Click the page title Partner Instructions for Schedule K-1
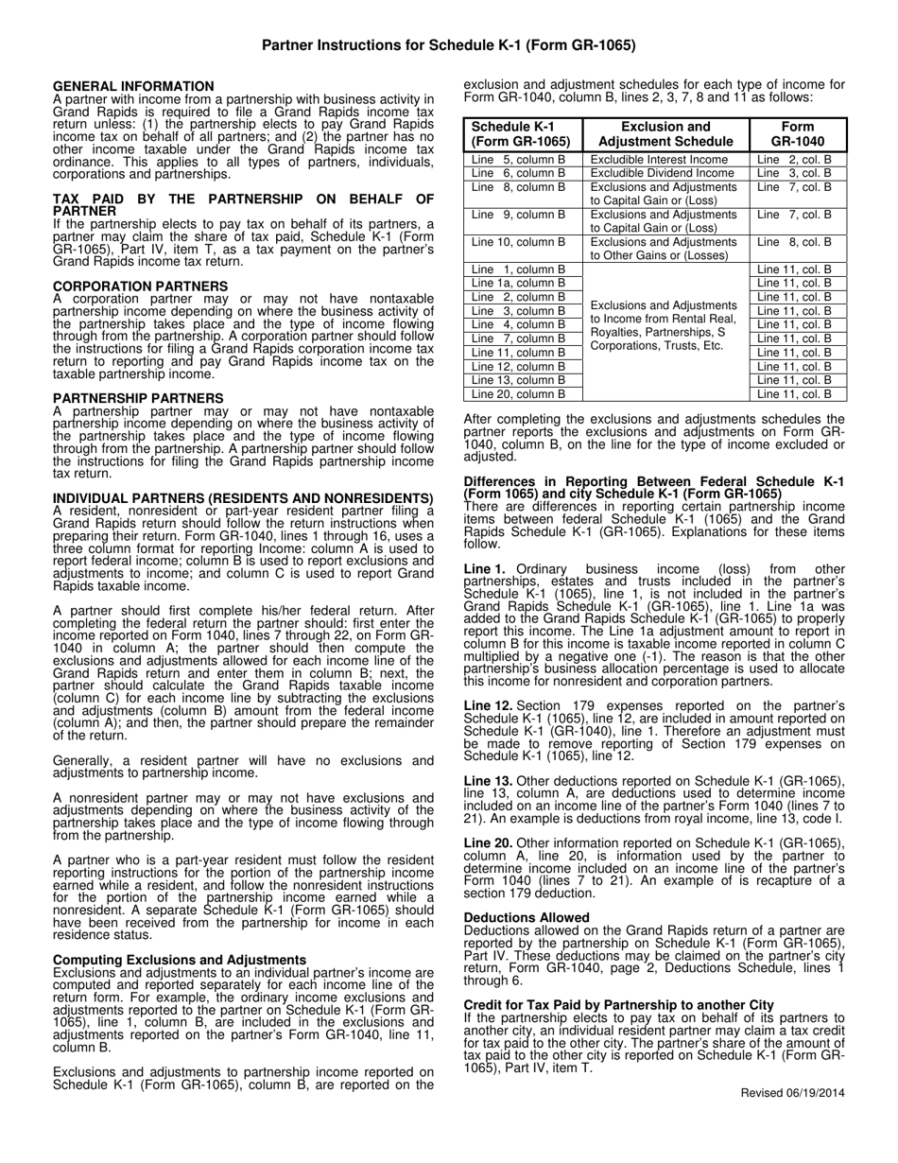coord(448,44)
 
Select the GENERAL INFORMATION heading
coord(133,86)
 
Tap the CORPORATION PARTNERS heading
coord(140,286)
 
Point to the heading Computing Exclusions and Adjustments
coord(180,960)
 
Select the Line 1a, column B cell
coord(518,283)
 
